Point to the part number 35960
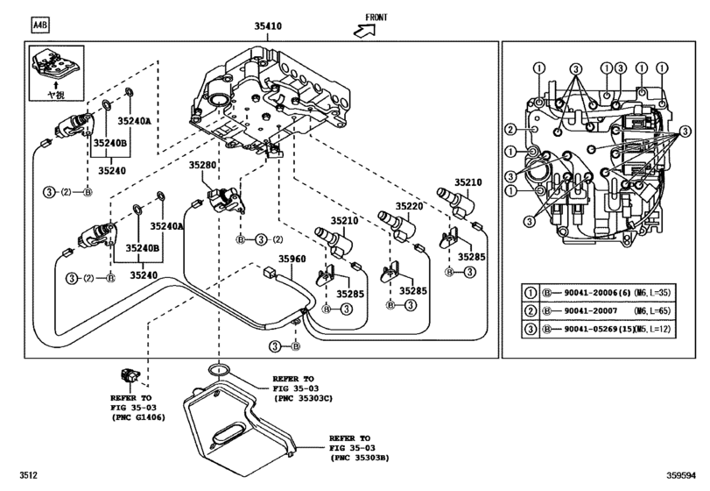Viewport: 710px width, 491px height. point(293,259)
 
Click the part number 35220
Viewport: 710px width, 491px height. point(409,206)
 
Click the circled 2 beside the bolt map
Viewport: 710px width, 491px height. point(510,130)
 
